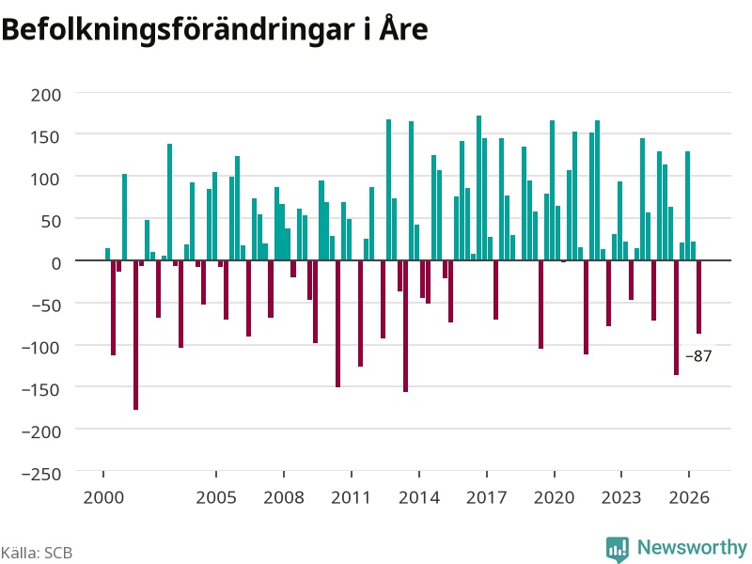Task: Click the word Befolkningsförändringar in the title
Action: (178, 30)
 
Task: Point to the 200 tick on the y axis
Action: (46, 95)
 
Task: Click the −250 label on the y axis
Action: (41, 474)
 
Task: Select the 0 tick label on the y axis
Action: (56, 263)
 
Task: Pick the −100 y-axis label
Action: (41, 347)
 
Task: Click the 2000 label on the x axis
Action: (103, 497)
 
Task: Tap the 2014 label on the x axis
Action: (419, 497)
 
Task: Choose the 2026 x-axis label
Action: (689, 497)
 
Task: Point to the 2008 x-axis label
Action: (284, 497)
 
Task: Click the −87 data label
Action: (698, 356)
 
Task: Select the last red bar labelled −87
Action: (698, 297)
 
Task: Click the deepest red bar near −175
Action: (135, 335)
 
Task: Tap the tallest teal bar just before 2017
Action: (478, 188)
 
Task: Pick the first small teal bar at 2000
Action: (107, 254)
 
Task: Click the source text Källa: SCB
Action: (37, 553)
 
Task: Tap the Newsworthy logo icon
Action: (618, 549)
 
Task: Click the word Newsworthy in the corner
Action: (692, 547)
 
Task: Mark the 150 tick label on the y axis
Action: (46, 137)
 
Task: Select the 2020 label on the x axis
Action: (554, 497)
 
